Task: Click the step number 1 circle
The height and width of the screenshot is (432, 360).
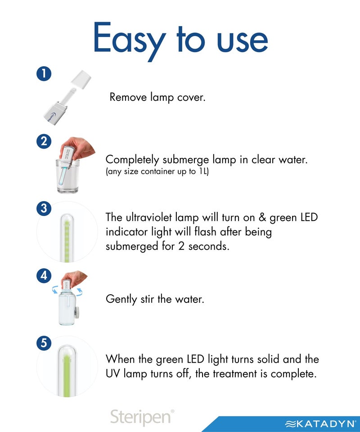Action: (44, 74)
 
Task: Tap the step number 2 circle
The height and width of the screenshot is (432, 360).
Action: (44, 141)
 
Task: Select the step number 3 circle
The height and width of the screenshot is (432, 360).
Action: (44, 209)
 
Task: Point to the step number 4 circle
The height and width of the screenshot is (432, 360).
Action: (44, 275)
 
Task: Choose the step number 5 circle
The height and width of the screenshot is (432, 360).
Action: (44, 343)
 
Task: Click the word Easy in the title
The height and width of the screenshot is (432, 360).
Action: (129, 40)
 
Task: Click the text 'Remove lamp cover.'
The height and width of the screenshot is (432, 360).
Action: (157, 97)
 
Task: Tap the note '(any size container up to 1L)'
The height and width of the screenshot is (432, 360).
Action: (157, 171)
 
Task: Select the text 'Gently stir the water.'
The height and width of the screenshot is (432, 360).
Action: (155, 299)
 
